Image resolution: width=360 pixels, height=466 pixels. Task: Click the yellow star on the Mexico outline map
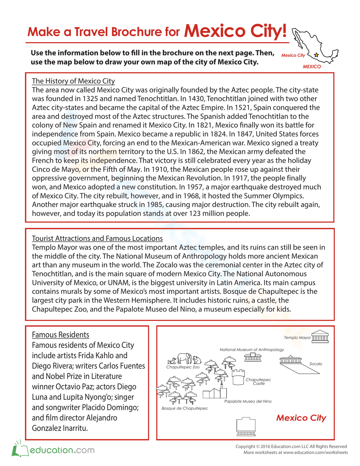coord(316,55)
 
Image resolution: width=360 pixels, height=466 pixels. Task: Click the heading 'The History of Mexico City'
coord(73,81)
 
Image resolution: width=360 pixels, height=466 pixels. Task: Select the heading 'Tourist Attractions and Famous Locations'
coord(97,238)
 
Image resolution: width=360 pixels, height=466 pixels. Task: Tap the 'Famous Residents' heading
coord(60,335)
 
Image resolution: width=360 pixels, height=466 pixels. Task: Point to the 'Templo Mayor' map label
coord(297,337)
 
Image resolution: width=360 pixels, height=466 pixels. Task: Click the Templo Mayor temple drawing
coord(320,336)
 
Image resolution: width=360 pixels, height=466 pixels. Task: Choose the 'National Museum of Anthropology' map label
coord(252,350)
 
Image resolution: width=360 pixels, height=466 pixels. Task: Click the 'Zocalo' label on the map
coord(316,364)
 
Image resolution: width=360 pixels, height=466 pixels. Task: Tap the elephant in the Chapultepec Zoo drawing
coord(184,358)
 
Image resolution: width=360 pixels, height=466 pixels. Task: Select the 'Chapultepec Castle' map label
coord(258,381)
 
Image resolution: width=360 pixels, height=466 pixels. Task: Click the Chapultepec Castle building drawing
coord(238,377)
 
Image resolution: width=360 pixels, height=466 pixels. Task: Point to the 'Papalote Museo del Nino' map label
coord(248,401)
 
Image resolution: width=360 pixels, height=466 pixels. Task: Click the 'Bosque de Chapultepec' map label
coord(185,408)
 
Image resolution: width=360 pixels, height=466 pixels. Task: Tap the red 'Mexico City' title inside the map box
coord(301,418)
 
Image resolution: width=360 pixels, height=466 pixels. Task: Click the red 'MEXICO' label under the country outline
coord(312,67)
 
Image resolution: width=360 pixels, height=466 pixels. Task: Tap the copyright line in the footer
coord(291,447)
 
